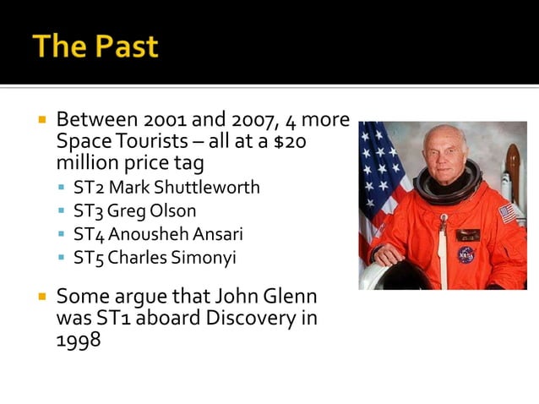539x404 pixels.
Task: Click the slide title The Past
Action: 95,46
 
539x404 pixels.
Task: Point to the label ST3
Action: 87,210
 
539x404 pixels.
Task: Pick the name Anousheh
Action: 143,234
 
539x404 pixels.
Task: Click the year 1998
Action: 79,341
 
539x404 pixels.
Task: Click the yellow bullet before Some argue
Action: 42,297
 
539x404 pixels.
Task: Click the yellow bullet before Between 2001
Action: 42,120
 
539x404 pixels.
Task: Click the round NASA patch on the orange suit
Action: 465,254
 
